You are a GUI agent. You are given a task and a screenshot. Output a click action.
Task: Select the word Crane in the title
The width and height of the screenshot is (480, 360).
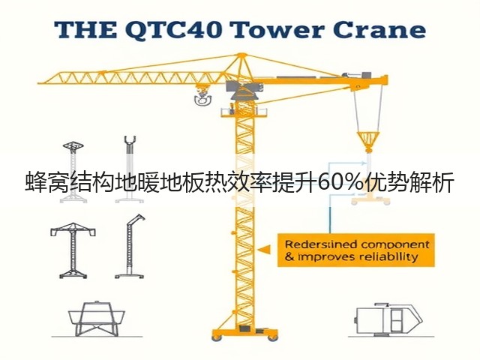pyautogui.click(x=378, y=30)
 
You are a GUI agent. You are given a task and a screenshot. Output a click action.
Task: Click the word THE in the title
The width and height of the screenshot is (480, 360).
pyautogui.click(x=85, y=30)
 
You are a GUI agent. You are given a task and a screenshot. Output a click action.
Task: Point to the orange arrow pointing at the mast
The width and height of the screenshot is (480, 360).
pyautogui.click(x=264, y=250)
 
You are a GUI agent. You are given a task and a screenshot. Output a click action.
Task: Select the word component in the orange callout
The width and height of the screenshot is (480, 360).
pyautogui.click(x=395, y=245)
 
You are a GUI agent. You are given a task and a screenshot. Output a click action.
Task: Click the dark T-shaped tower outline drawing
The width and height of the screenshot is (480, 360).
pyautogui.click(x=73, y=250)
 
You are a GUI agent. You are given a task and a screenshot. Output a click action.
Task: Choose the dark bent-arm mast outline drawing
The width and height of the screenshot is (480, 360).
pyautogui.click(x=130, y=247)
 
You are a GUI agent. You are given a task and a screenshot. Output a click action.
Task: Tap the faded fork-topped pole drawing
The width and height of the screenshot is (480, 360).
pyautogui.click(x=130, y=169)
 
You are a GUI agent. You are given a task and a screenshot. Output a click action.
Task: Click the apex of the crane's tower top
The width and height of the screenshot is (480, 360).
pyautogui.click(x=241, y=55)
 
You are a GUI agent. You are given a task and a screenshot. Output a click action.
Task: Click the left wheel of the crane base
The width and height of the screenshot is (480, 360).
pyautogui.click(x=217, y=337)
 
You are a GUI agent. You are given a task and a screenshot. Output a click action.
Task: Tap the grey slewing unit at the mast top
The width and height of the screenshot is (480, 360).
pyautogui.click(x=244, y=88)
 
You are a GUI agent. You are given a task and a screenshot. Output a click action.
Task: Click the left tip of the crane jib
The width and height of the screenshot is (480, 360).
pyautogui.click(x=38, y=82)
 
